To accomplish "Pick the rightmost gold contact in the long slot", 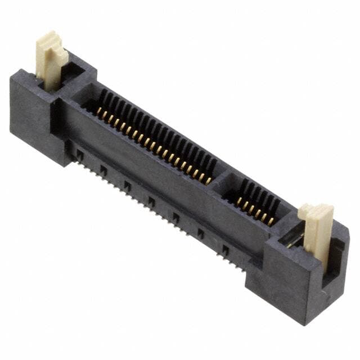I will [208, 181].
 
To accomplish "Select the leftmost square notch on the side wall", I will [80, 152].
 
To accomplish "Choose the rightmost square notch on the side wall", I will [225, 249].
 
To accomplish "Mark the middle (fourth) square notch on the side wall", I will [151, 200].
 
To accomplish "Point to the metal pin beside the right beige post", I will [292, 241].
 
